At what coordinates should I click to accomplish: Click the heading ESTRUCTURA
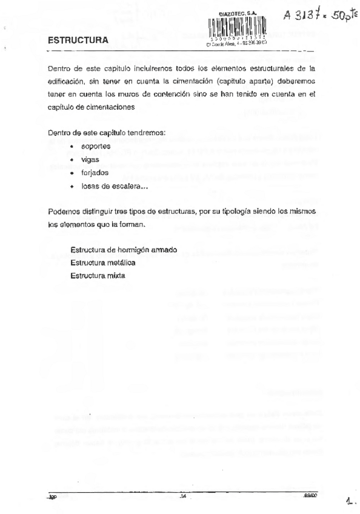point(78,41)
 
